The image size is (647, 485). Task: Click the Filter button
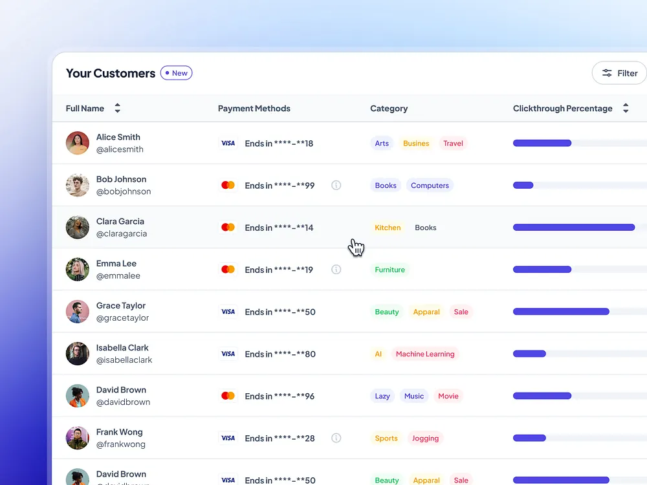[620, 73]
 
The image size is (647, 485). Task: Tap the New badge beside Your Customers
[177, 73]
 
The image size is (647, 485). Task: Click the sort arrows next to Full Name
[117, 108]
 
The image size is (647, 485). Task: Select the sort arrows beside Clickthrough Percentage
[626, 108]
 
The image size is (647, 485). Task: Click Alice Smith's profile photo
[78, 143]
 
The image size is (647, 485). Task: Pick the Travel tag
[453, 144]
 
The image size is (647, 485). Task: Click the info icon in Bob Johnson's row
[336, 185]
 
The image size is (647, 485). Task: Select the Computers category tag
[430, 186]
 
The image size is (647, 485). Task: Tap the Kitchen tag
[388, 228]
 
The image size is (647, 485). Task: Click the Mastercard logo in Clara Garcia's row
[228, 227]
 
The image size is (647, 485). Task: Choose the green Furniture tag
[389, 270]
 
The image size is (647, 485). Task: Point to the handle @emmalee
[118, 275]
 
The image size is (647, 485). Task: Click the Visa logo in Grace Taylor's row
[228, 312]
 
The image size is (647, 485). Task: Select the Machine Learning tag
[425, 354]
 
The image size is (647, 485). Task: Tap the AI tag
[378, 354]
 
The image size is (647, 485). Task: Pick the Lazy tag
[382, 396]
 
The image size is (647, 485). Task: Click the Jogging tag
[425, 438]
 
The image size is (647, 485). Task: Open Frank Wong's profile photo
[78, 438]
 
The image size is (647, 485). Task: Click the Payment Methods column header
[254, 108]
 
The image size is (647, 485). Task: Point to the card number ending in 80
[280, 354]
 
